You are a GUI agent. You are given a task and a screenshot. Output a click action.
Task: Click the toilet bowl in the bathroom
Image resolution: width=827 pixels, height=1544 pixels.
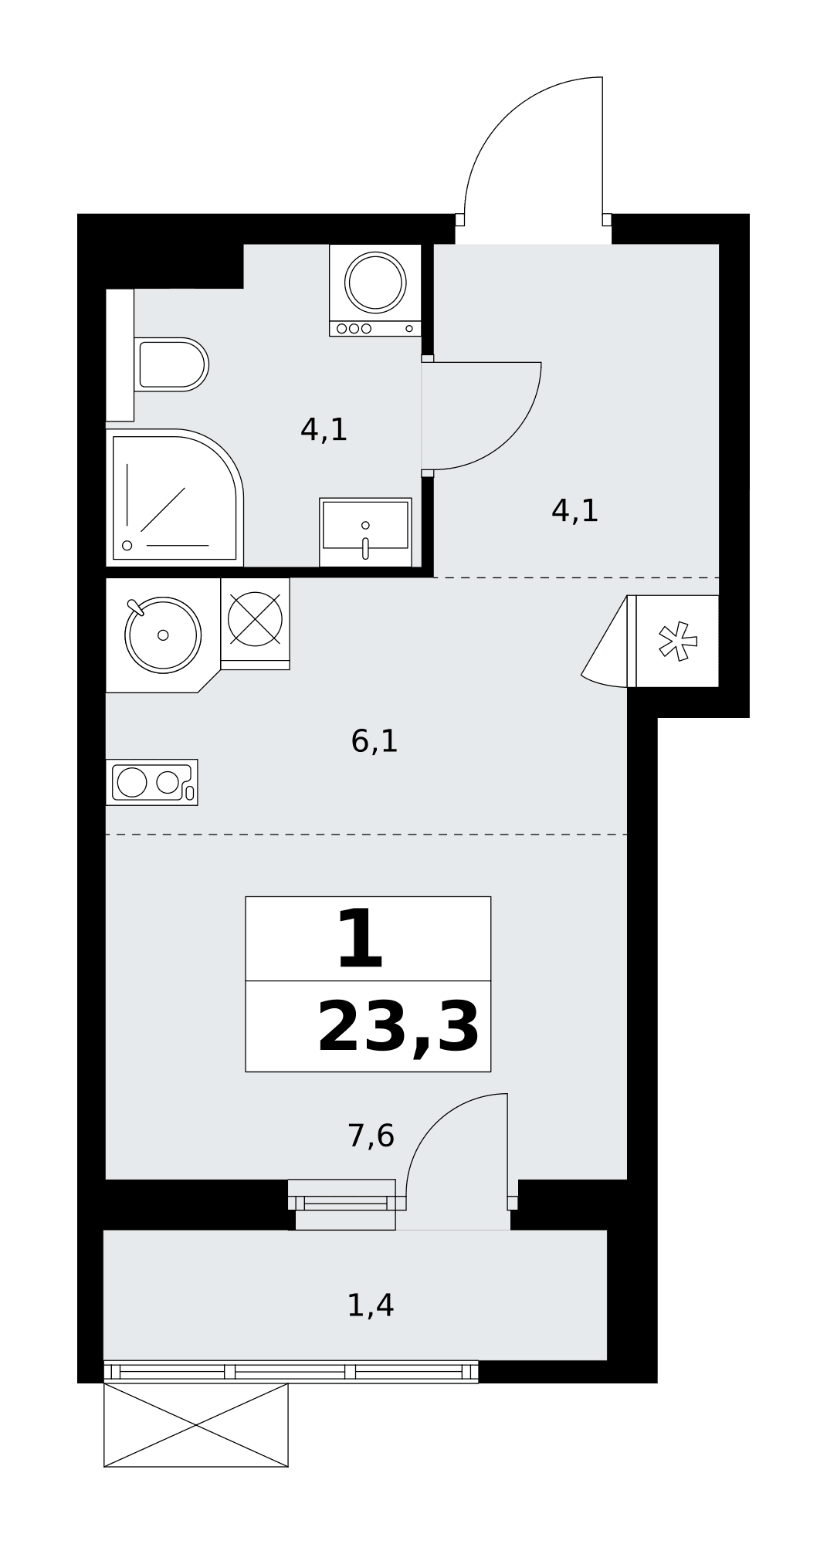coord(171,364)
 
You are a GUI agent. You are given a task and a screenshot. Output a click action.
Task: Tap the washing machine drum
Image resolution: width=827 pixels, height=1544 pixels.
coord(375,282)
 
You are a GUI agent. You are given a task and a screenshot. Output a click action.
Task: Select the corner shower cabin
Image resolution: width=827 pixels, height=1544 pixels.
coord(175,497)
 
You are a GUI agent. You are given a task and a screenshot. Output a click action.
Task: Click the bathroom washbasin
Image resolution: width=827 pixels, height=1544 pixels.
coord(365,532)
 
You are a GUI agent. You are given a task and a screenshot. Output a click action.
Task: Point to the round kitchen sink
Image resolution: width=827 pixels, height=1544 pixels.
coord(163,635)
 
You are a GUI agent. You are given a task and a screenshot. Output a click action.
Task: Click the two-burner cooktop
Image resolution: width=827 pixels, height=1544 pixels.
coord(152,782)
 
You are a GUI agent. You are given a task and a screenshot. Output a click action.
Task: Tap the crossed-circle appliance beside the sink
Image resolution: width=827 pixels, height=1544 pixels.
coord(255,619)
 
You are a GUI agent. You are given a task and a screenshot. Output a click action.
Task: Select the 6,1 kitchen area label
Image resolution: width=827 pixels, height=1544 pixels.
coord(375,742)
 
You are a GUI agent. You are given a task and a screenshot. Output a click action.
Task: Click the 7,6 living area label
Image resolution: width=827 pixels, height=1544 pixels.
coord(371,1136)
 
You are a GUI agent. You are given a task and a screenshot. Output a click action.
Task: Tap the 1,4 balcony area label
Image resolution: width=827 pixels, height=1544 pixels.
coord(371,1305)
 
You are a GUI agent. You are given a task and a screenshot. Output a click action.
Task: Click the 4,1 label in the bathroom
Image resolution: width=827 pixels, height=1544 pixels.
coord(324,430)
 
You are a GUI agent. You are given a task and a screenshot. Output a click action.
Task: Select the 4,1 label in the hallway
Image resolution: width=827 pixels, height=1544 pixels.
coord(575,511)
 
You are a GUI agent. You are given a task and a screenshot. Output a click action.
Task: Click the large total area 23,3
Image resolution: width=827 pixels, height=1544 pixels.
coord(398,1028)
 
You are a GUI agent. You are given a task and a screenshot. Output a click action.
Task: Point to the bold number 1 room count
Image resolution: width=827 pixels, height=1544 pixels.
coord(361,940)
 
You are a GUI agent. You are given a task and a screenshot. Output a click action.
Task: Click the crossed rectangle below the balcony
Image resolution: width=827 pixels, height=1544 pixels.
coord(196,1425)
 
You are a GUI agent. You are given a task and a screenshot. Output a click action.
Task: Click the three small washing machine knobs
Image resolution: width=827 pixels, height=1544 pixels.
coord(354,328)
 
